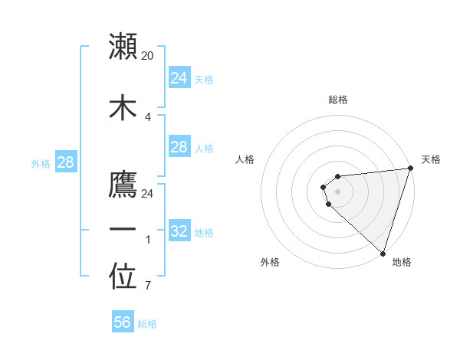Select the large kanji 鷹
click(123, 185)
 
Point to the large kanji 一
click(123, 231)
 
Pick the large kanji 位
click(123, 278)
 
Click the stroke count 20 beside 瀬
click(148, 55)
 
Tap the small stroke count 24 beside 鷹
click(148, 193)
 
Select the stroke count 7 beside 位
click(147, 286)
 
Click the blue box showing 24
click(179, 78)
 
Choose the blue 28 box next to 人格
click(179, 147)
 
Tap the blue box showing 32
click(179, 231)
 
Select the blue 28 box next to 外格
click(65, 162)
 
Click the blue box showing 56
click(123, 322)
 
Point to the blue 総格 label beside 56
click(147, 324)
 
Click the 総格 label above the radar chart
click(337, 100)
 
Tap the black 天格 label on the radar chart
click(431, 159)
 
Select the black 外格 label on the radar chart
click(270, 262)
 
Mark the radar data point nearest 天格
click(410, 169)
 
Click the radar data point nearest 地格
click(383, 253)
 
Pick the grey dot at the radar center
click(337, 191)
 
